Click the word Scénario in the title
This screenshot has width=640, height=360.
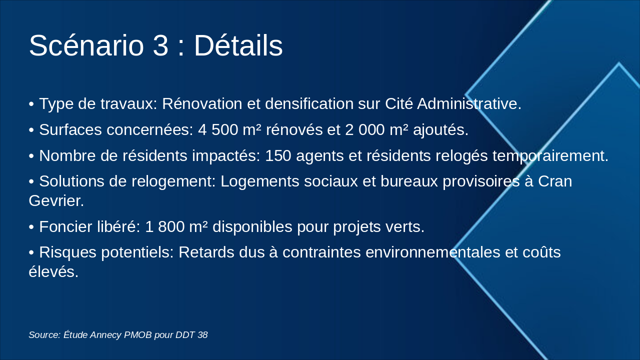tap(86, 45)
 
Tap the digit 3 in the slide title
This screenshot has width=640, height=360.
tap(160, 45)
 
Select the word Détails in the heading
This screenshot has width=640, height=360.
tap(238, 45)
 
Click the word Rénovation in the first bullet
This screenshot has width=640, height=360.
tap(202, 103)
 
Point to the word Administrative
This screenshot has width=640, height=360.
tap(469, 103)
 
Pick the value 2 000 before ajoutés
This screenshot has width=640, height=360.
tap(365, 129)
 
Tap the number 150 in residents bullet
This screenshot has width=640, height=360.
tap(278, 155)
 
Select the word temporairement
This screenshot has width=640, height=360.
tap(550, 156)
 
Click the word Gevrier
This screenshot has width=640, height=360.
tap(56, 200)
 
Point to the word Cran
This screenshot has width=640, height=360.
tap(555, 181)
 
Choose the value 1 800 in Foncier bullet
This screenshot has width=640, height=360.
tap(165, 227)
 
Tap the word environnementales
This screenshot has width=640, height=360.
tap(433, 252)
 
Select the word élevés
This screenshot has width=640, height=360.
tap(53, 271)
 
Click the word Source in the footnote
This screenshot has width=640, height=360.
tap(44, 335)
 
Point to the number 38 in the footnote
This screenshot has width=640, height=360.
tap(202, 335)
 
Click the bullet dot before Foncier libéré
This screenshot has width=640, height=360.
tap(31, 227)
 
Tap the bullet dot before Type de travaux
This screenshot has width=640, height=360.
tap(31, 104)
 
